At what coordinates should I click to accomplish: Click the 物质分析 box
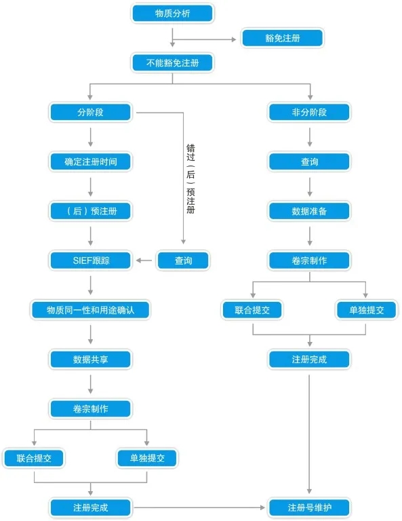point(173,13)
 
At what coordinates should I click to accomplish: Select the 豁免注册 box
point(283,38)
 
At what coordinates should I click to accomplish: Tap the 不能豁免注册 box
point(173,63)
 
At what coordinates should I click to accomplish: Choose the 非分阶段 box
point(309,112)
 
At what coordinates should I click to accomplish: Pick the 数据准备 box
point(309,211)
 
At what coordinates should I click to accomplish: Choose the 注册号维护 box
point(309,507)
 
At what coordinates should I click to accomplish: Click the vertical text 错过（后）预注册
point(190,178)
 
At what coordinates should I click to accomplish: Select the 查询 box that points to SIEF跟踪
point(183,260)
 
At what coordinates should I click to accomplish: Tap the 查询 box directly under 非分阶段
point(309,162)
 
